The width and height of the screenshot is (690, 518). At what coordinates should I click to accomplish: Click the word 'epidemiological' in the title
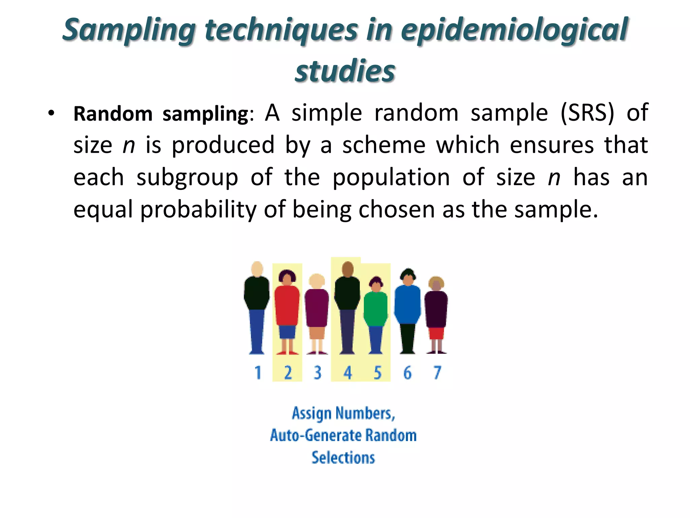514,30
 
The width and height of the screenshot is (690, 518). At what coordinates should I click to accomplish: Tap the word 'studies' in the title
345,71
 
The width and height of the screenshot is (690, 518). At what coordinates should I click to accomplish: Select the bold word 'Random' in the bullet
113,114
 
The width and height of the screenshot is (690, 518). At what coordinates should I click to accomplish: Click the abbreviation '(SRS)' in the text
587,113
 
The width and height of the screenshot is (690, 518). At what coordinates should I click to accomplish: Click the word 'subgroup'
187,178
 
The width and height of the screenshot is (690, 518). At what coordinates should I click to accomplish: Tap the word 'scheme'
384,145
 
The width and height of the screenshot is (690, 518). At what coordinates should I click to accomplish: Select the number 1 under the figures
258,373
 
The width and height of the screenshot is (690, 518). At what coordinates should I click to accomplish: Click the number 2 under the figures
288,373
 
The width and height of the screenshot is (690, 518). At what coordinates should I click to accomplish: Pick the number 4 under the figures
348,373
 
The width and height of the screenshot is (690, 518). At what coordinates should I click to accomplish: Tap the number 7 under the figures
437,373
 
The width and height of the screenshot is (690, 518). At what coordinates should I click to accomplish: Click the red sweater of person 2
287,305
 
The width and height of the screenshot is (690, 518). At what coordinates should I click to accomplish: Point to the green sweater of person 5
376,309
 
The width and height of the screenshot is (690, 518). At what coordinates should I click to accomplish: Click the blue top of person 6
407,304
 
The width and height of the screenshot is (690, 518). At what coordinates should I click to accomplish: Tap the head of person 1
257,269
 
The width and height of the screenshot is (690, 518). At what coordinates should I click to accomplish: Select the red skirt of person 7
436,333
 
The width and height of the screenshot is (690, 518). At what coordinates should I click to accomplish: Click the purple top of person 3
317,307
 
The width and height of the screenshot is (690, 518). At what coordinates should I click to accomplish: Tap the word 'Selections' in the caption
343,458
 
